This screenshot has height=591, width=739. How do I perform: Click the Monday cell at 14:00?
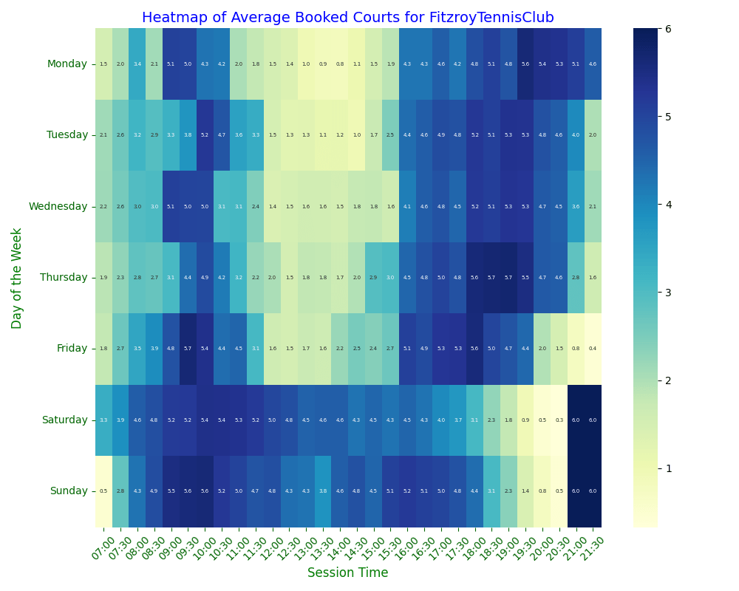click(340, 64)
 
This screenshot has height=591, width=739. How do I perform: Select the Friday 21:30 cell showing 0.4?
click(593, 349)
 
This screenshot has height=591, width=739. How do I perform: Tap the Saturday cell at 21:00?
click(576, 420)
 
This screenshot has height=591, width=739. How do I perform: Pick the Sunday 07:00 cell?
click(103, 491)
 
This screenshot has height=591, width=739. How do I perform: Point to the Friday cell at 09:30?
click(188, 349)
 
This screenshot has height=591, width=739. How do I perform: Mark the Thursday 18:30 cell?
click(508, 278)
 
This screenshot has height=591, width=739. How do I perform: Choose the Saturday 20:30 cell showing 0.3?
click(559, 420)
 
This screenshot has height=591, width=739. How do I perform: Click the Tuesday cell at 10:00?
click(205, 135)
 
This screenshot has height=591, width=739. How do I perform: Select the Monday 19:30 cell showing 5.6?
click(525, 64)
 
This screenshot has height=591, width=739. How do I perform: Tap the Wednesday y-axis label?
click(58, 206)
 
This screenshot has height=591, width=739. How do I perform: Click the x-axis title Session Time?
click(347, 573)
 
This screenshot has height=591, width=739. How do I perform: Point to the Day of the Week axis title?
click(17, 278)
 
